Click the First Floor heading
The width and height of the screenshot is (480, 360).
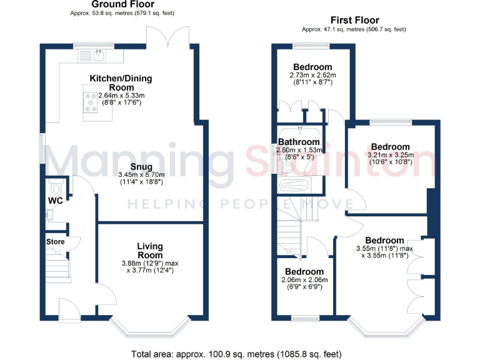pyautogui.click(x=356, y=21)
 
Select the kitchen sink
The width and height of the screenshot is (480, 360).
pyautogui.click(x=99, y=56)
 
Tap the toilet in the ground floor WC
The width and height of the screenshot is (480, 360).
pyautogui.click(x=55, y=188)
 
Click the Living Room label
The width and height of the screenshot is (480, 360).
pyautogui.click(x=151, y=251)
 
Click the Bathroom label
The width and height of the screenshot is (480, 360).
pyautogui.click(x=299, y=142)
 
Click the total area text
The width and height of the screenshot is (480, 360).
pyautogui.click(x=237, y=354)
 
